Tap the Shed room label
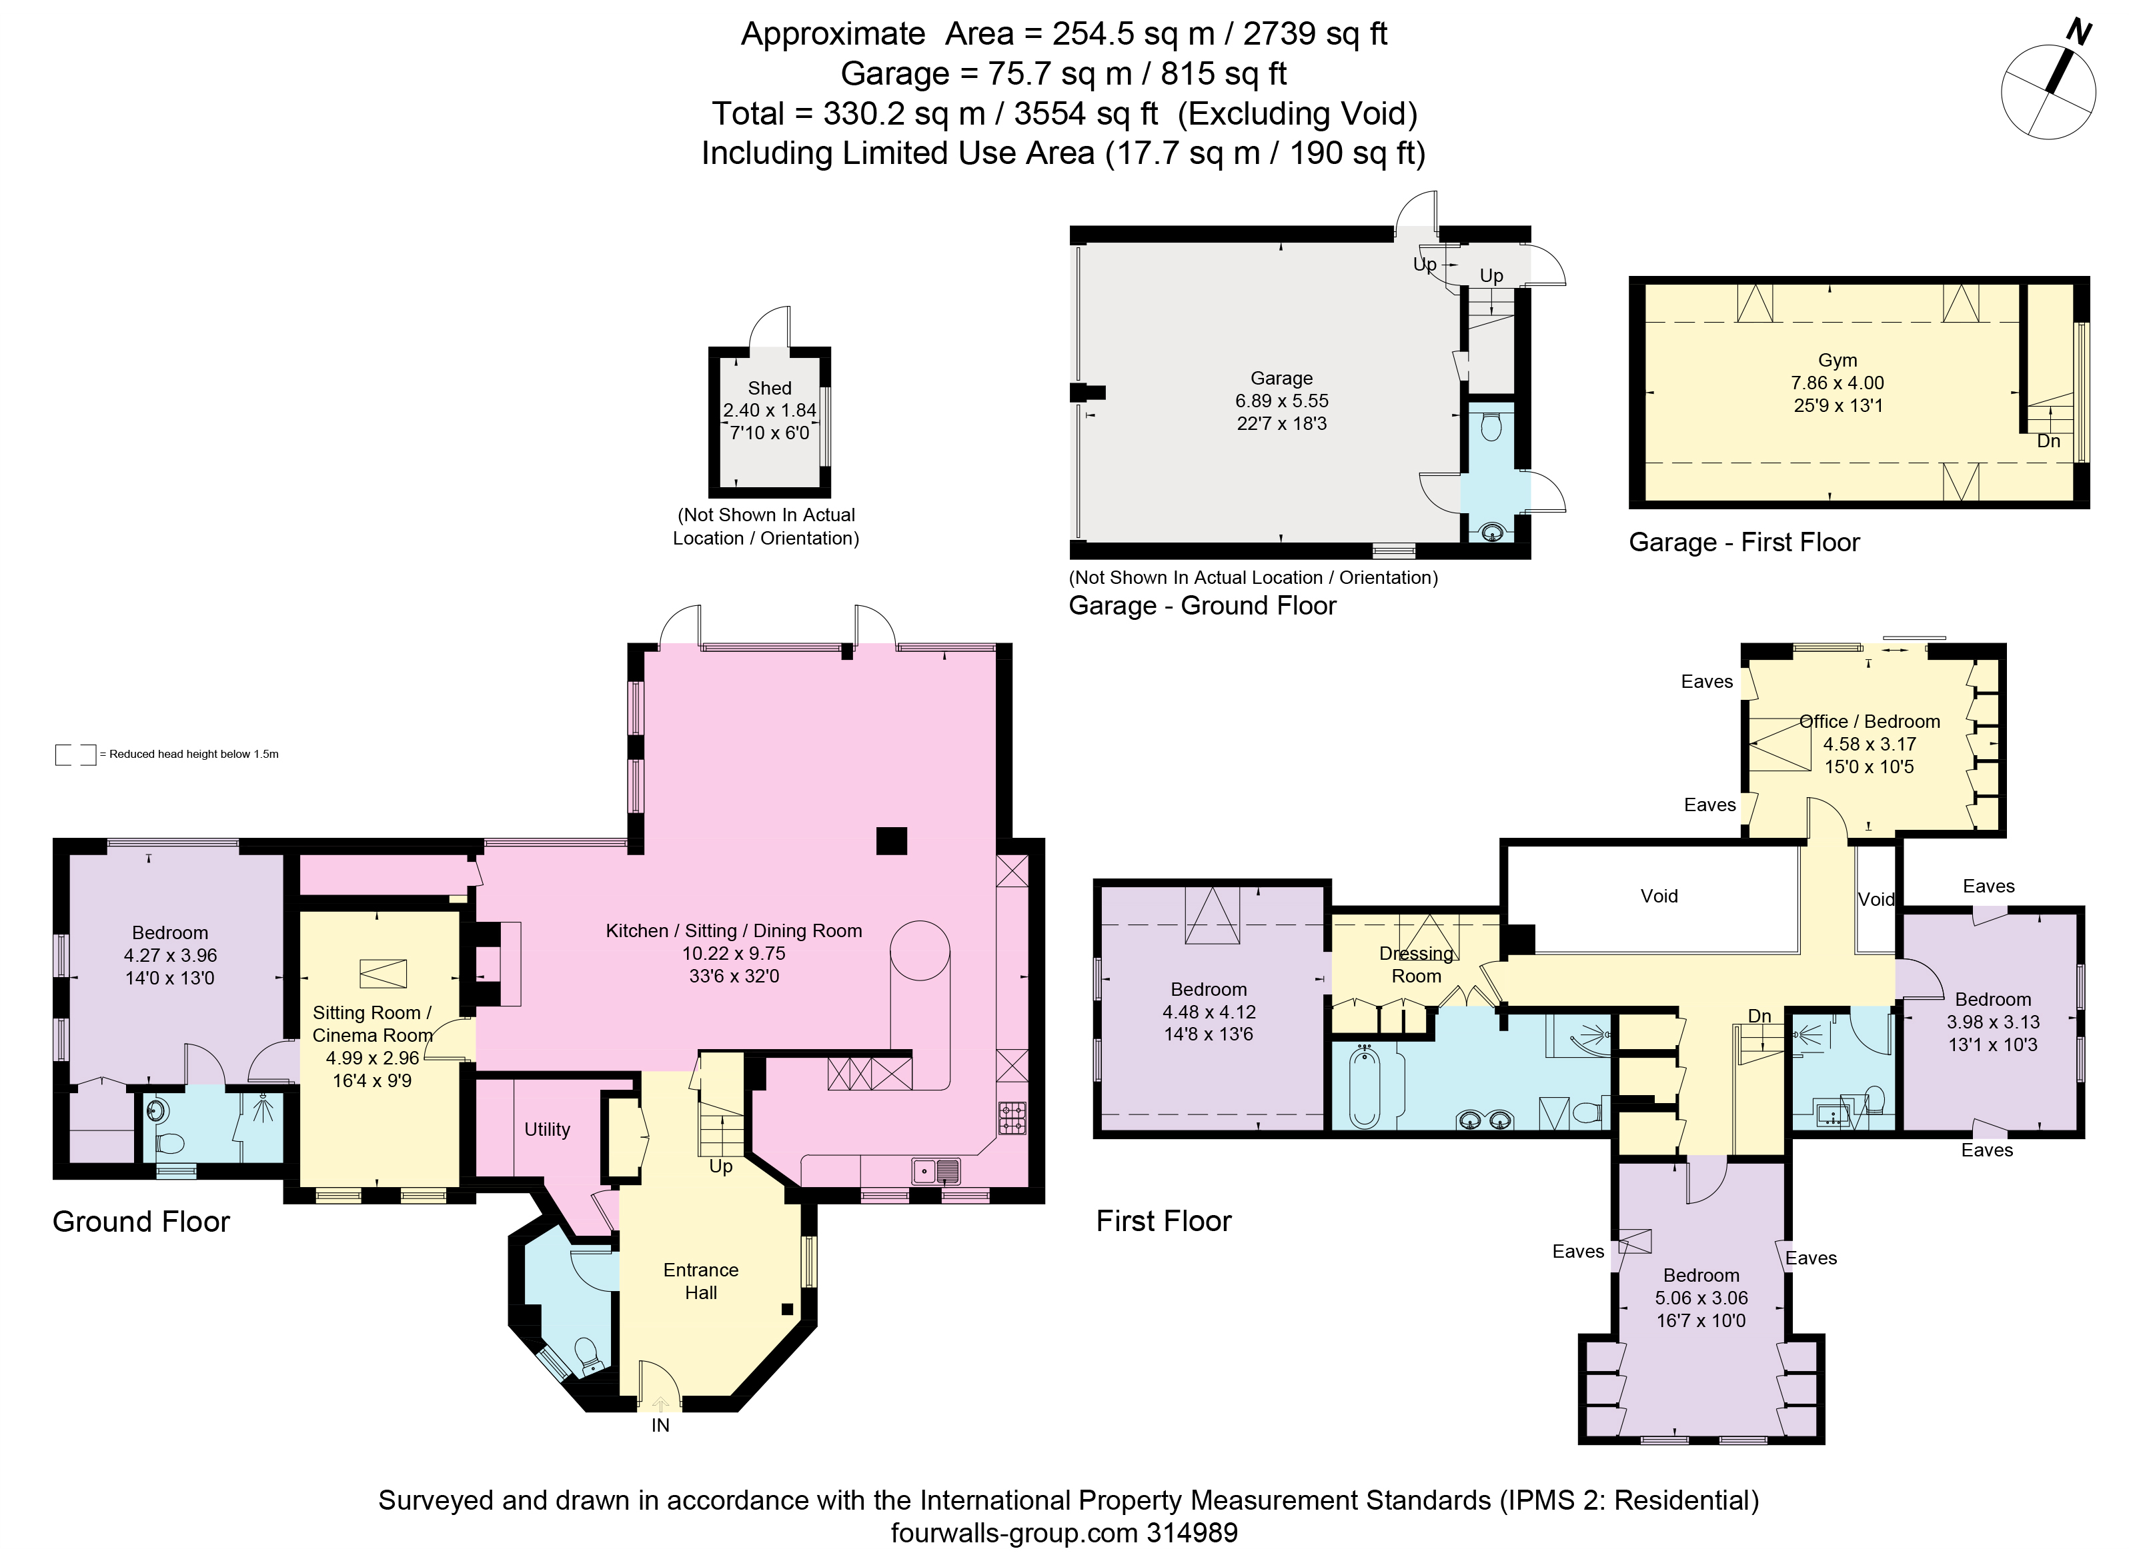tap(770, 389)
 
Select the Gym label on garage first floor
tap(1838, 360)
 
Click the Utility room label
tap(547, 1129)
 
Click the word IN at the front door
tap(660, 1425)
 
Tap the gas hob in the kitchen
tap(1012, 1118)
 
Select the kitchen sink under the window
tap(937, 1172)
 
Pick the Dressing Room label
tap(1415, 965)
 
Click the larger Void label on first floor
tap(1659, 896)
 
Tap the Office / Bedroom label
tap(1870, 722)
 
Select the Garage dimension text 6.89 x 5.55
tap(1282, 401)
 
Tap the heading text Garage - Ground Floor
tap(1203, 605)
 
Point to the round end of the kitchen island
tap(919, 950)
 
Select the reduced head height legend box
tap(76, 755)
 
